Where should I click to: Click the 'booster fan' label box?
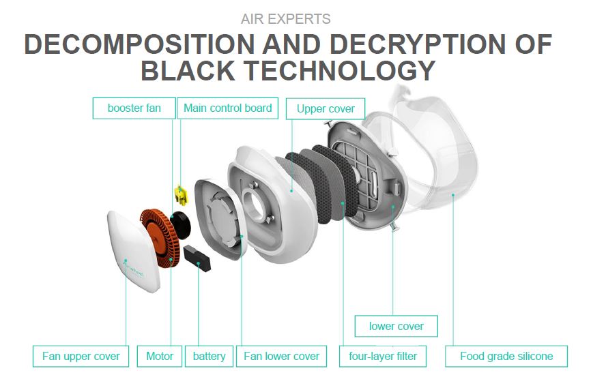coord(134,108)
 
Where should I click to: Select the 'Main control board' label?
coord(228,108)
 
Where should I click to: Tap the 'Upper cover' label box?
coord(326,109)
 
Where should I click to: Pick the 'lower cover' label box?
coord(396,327)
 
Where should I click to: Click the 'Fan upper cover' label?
coord(81,356)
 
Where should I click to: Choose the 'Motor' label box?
coord(160,356)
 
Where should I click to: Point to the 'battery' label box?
coord(209,356)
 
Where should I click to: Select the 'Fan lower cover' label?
coord(281,356)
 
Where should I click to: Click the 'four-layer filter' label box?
coord(383,356)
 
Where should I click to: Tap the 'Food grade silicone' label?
coord(506,356)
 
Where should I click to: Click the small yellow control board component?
coord(180,194)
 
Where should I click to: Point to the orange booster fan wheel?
coord(160,239)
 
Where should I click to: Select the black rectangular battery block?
coord(197,258)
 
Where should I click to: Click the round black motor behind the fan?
coord(181,225)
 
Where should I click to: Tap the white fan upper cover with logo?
coord(133,251)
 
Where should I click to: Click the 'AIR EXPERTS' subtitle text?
coord(286,19)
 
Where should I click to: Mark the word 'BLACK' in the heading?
coord(188,71)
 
